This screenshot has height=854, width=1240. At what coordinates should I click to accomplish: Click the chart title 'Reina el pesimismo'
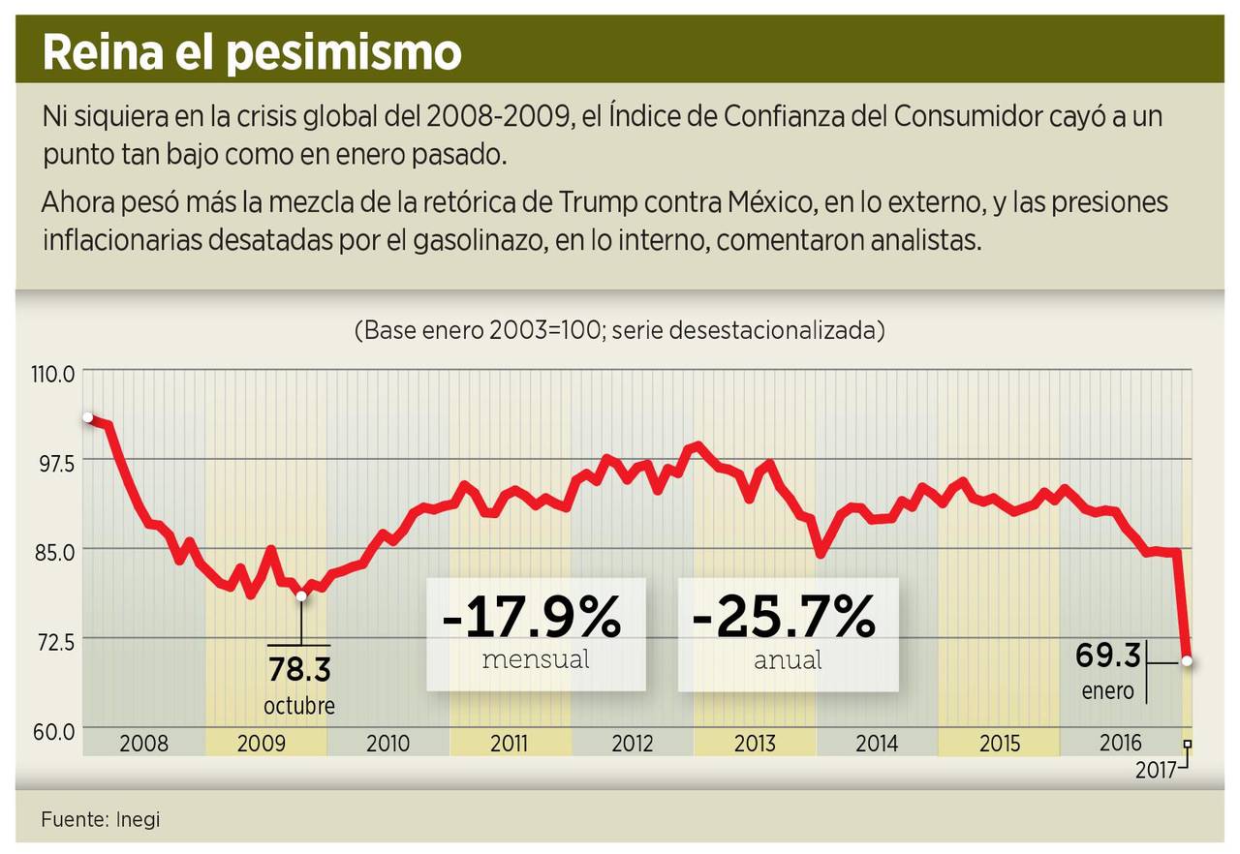pos(252,53)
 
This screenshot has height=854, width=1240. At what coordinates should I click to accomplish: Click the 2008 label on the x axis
pos(143,744)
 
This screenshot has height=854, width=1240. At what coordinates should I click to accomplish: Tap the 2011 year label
pos(509,744)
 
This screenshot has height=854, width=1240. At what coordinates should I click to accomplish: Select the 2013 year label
pos(755,744)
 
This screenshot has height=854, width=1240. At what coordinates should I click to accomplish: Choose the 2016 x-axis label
pos(1120,743)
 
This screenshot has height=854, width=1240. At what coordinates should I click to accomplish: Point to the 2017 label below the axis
pos(1155,771)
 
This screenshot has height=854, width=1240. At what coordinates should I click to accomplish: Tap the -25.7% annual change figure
pos(784,617)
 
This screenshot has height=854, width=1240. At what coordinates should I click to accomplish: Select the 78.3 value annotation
pos(298,670)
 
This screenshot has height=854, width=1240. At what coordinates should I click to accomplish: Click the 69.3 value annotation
pos(1108,656)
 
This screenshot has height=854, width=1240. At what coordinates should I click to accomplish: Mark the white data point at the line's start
pos(88,417)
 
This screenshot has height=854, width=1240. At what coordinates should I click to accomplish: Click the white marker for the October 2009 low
pos(301,595)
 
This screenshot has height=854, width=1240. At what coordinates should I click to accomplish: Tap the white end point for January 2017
pos(1187,661)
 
